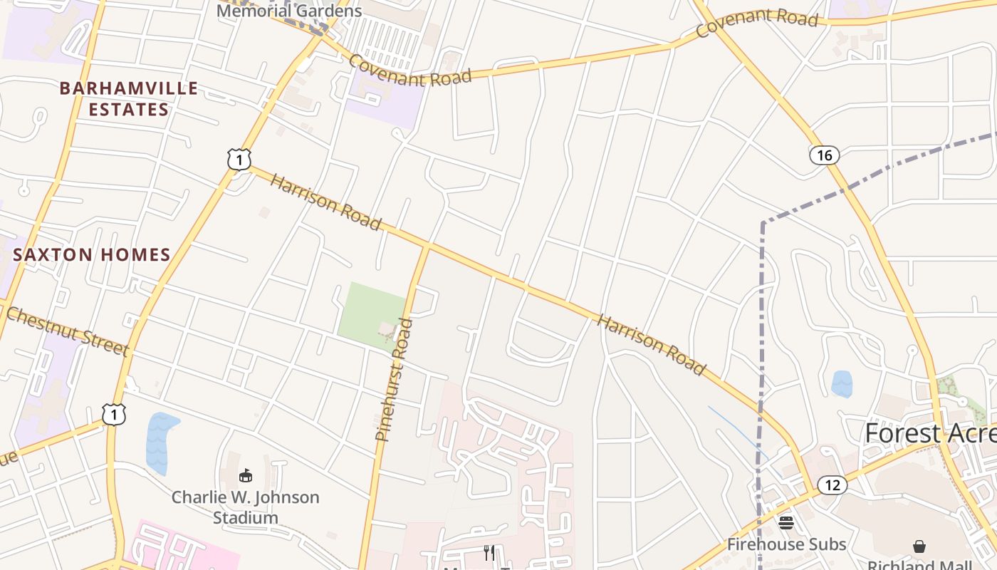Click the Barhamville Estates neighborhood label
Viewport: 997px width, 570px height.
[129, 98]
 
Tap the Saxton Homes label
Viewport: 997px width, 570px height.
[92, 254]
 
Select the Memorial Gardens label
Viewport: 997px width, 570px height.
[289, 11]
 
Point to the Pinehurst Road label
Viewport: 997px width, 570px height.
[394, 379]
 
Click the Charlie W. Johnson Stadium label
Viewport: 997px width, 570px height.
[246, 507]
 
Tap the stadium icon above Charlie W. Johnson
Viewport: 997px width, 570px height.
[246, 475]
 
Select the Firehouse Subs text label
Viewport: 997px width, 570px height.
[786, 544]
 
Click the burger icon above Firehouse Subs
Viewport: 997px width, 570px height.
[786, 523]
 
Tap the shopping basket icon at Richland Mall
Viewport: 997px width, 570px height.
[919, 546]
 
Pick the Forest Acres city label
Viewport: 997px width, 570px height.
[930, 432]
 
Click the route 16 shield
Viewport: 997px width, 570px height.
[824, 155]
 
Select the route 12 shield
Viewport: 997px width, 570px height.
[832, 485]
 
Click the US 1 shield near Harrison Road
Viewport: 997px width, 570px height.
[239, 160]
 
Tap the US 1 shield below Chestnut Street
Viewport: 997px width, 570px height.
[114, 414]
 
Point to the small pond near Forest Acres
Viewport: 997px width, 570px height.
[842, 383]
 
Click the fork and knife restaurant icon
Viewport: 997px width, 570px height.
[489, 552]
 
